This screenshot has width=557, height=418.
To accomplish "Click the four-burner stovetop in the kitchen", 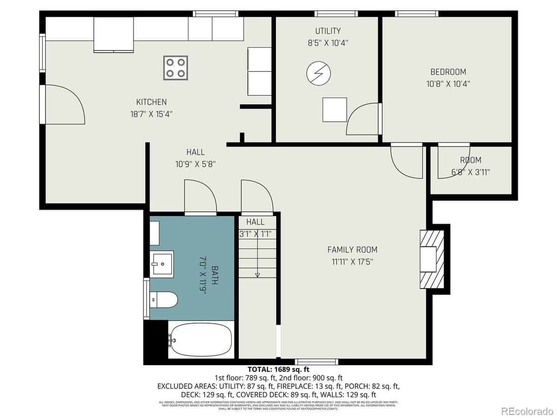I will coord(175,68).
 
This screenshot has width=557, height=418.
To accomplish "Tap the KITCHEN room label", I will coord(151,102).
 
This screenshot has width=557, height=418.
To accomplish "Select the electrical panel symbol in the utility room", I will coord(319,73).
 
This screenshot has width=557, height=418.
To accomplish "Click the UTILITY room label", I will coord(328,31).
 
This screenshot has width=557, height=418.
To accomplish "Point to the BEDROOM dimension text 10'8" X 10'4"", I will coord(447,84).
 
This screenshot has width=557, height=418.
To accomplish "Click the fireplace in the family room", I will coord(431,259).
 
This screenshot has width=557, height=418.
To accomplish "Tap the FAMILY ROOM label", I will coord(352,250).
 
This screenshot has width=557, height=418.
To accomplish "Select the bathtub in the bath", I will coord(201,340).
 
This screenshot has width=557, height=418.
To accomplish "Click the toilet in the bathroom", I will coord(166,300).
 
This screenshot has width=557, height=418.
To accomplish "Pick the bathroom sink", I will coord(162,264).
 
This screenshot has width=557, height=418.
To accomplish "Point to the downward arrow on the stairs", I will coord(257,274).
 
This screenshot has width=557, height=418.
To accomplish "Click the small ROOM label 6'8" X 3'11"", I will coord(470,166).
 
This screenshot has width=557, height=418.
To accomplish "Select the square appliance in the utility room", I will coord(335,110).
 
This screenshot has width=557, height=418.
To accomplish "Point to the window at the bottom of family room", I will coord(317,361).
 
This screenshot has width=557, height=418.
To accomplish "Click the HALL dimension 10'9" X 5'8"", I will coord(195,164).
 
